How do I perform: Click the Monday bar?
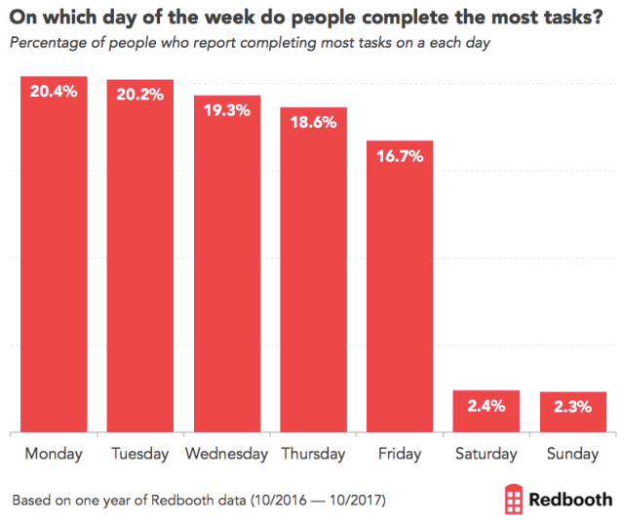tap(55, 254)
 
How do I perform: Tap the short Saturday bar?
tap(487, 411)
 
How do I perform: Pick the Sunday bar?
tap(573, 412)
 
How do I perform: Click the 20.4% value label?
tap(55, 92)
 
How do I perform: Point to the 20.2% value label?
tap(140, 95)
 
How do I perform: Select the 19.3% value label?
tap(227, 111)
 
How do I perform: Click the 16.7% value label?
tap(400, 156)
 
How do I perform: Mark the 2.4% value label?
tap(487, 406)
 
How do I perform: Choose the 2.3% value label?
tap(573, 407)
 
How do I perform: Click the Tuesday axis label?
tap(140, 455)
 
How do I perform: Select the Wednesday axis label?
tap(227, 455)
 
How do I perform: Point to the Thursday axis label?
tap(313, 455)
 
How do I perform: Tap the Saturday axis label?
tap(487, 455)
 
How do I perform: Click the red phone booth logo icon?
tap(514, 499)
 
